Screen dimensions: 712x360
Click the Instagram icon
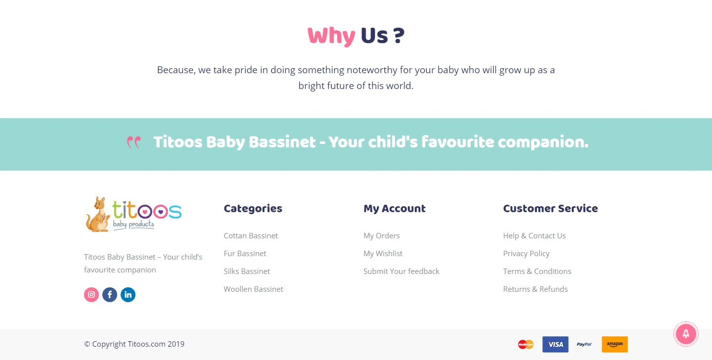click(91, 295)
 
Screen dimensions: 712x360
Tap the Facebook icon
click(110, 295)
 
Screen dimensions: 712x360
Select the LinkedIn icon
click(128, 295)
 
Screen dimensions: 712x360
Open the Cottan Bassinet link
click(251, 236)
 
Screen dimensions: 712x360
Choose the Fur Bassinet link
click(245, 254)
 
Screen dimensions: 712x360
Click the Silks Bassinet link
click(247, 271)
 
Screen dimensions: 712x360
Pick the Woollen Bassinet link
click(253, 289)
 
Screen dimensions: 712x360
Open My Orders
click(381, 236)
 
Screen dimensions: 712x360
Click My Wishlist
click(383, 254)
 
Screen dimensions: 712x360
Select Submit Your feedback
click(401, 271)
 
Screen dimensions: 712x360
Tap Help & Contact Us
click(534, 236)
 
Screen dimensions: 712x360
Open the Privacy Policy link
click(527, 254)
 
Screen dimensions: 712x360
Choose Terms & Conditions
click(537, 271)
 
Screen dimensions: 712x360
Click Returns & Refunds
click(535, 289)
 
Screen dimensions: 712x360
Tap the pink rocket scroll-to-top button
click(686, 334)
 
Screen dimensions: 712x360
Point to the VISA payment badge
click(555, 344)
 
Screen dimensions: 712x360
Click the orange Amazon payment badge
click(615, 344)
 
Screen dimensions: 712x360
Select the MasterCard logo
click(526, 344)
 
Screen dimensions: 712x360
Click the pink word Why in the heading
click(331, 36)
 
